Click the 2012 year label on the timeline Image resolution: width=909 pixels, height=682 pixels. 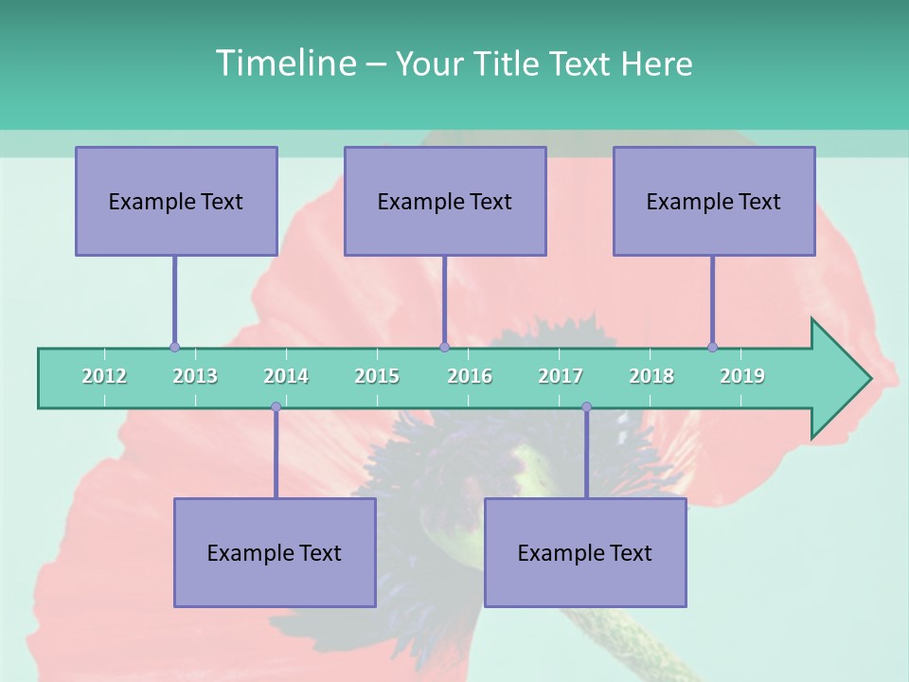tap(104, 376)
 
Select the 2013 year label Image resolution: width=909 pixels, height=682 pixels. tap(195, 376)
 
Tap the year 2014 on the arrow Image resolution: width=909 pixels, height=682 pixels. tap(286, 376)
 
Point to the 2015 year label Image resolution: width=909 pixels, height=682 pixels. tap(377, 376)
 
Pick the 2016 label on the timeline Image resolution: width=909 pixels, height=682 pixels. tap(470, 376)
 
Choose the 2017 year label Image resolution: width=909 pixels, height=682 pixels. tap(561, 376)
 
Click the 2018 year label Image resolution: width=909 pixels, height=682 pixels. tap(651, 376)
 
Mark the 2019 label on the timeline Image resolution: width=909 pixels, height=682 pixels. tap(742, 376)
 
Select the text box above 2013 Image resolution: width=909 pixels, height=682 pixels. tap(176, 201)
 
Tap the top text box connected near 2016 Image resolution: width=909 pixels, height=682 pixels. tap(445, 201)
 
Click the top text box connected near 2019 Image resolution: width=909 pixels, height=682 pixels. tap(714, 201)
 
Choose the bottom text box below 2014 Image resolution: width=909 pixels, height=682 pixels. tap(275, 552)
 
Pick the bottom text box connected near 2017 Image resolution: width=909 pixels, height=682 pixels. tap(585, 552)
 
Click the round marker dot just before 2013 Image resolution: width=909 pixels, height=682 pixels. tap(174, 347)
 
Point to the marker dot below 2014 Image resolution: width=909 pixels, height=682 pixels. tap(276, 407)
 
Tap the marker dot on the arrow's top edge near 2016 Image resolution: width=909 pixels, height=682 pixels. tap(444, 347)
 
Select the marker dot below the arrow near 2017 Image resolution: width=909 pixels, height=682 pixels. tap(586, 407)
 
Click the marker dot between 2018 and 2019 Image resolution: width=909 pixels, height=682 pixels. tap(712, 347)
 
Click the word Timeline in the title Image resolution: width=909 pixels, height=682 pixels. tap(284, 63)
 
